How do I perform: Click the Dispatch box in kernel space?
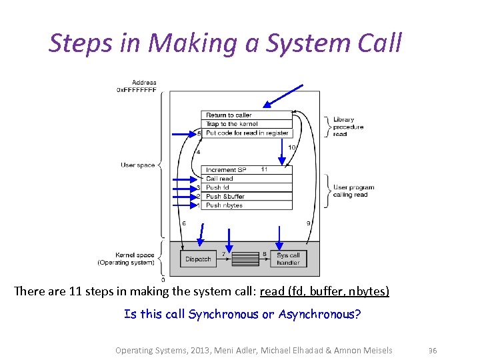(198, 259)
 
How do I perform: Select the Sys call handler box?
(288, 259)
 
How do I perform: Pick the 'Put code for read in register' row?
(247, 133)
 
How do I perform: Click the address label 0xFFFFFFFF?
(137, 89)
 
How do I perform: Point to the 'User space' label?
(138, 165)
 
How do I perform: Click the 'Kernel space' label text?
(135, 255)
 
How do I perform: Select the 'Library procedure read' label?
(348, 127)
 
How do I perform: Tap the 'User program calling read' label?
(353, 191)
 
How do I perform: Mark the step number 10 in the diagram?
(291, 147)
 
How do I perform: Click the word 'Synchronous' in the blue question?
(222, 314)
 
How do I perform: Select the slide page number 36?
(432, 351)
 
